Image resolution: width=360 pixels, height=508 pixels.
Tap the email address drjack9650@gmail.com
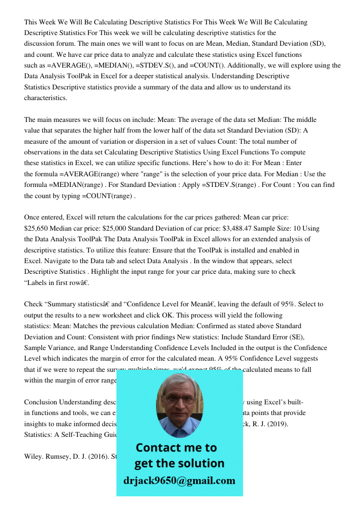(179, 480)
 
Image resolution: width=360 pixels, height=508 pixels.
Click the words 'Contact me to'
(176, 448)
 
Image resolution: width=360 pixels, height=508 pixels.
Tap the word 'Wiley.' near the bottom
(35, 456)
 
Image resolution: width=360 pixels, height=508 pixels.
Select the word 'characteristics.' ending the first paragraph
(46, 98)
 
